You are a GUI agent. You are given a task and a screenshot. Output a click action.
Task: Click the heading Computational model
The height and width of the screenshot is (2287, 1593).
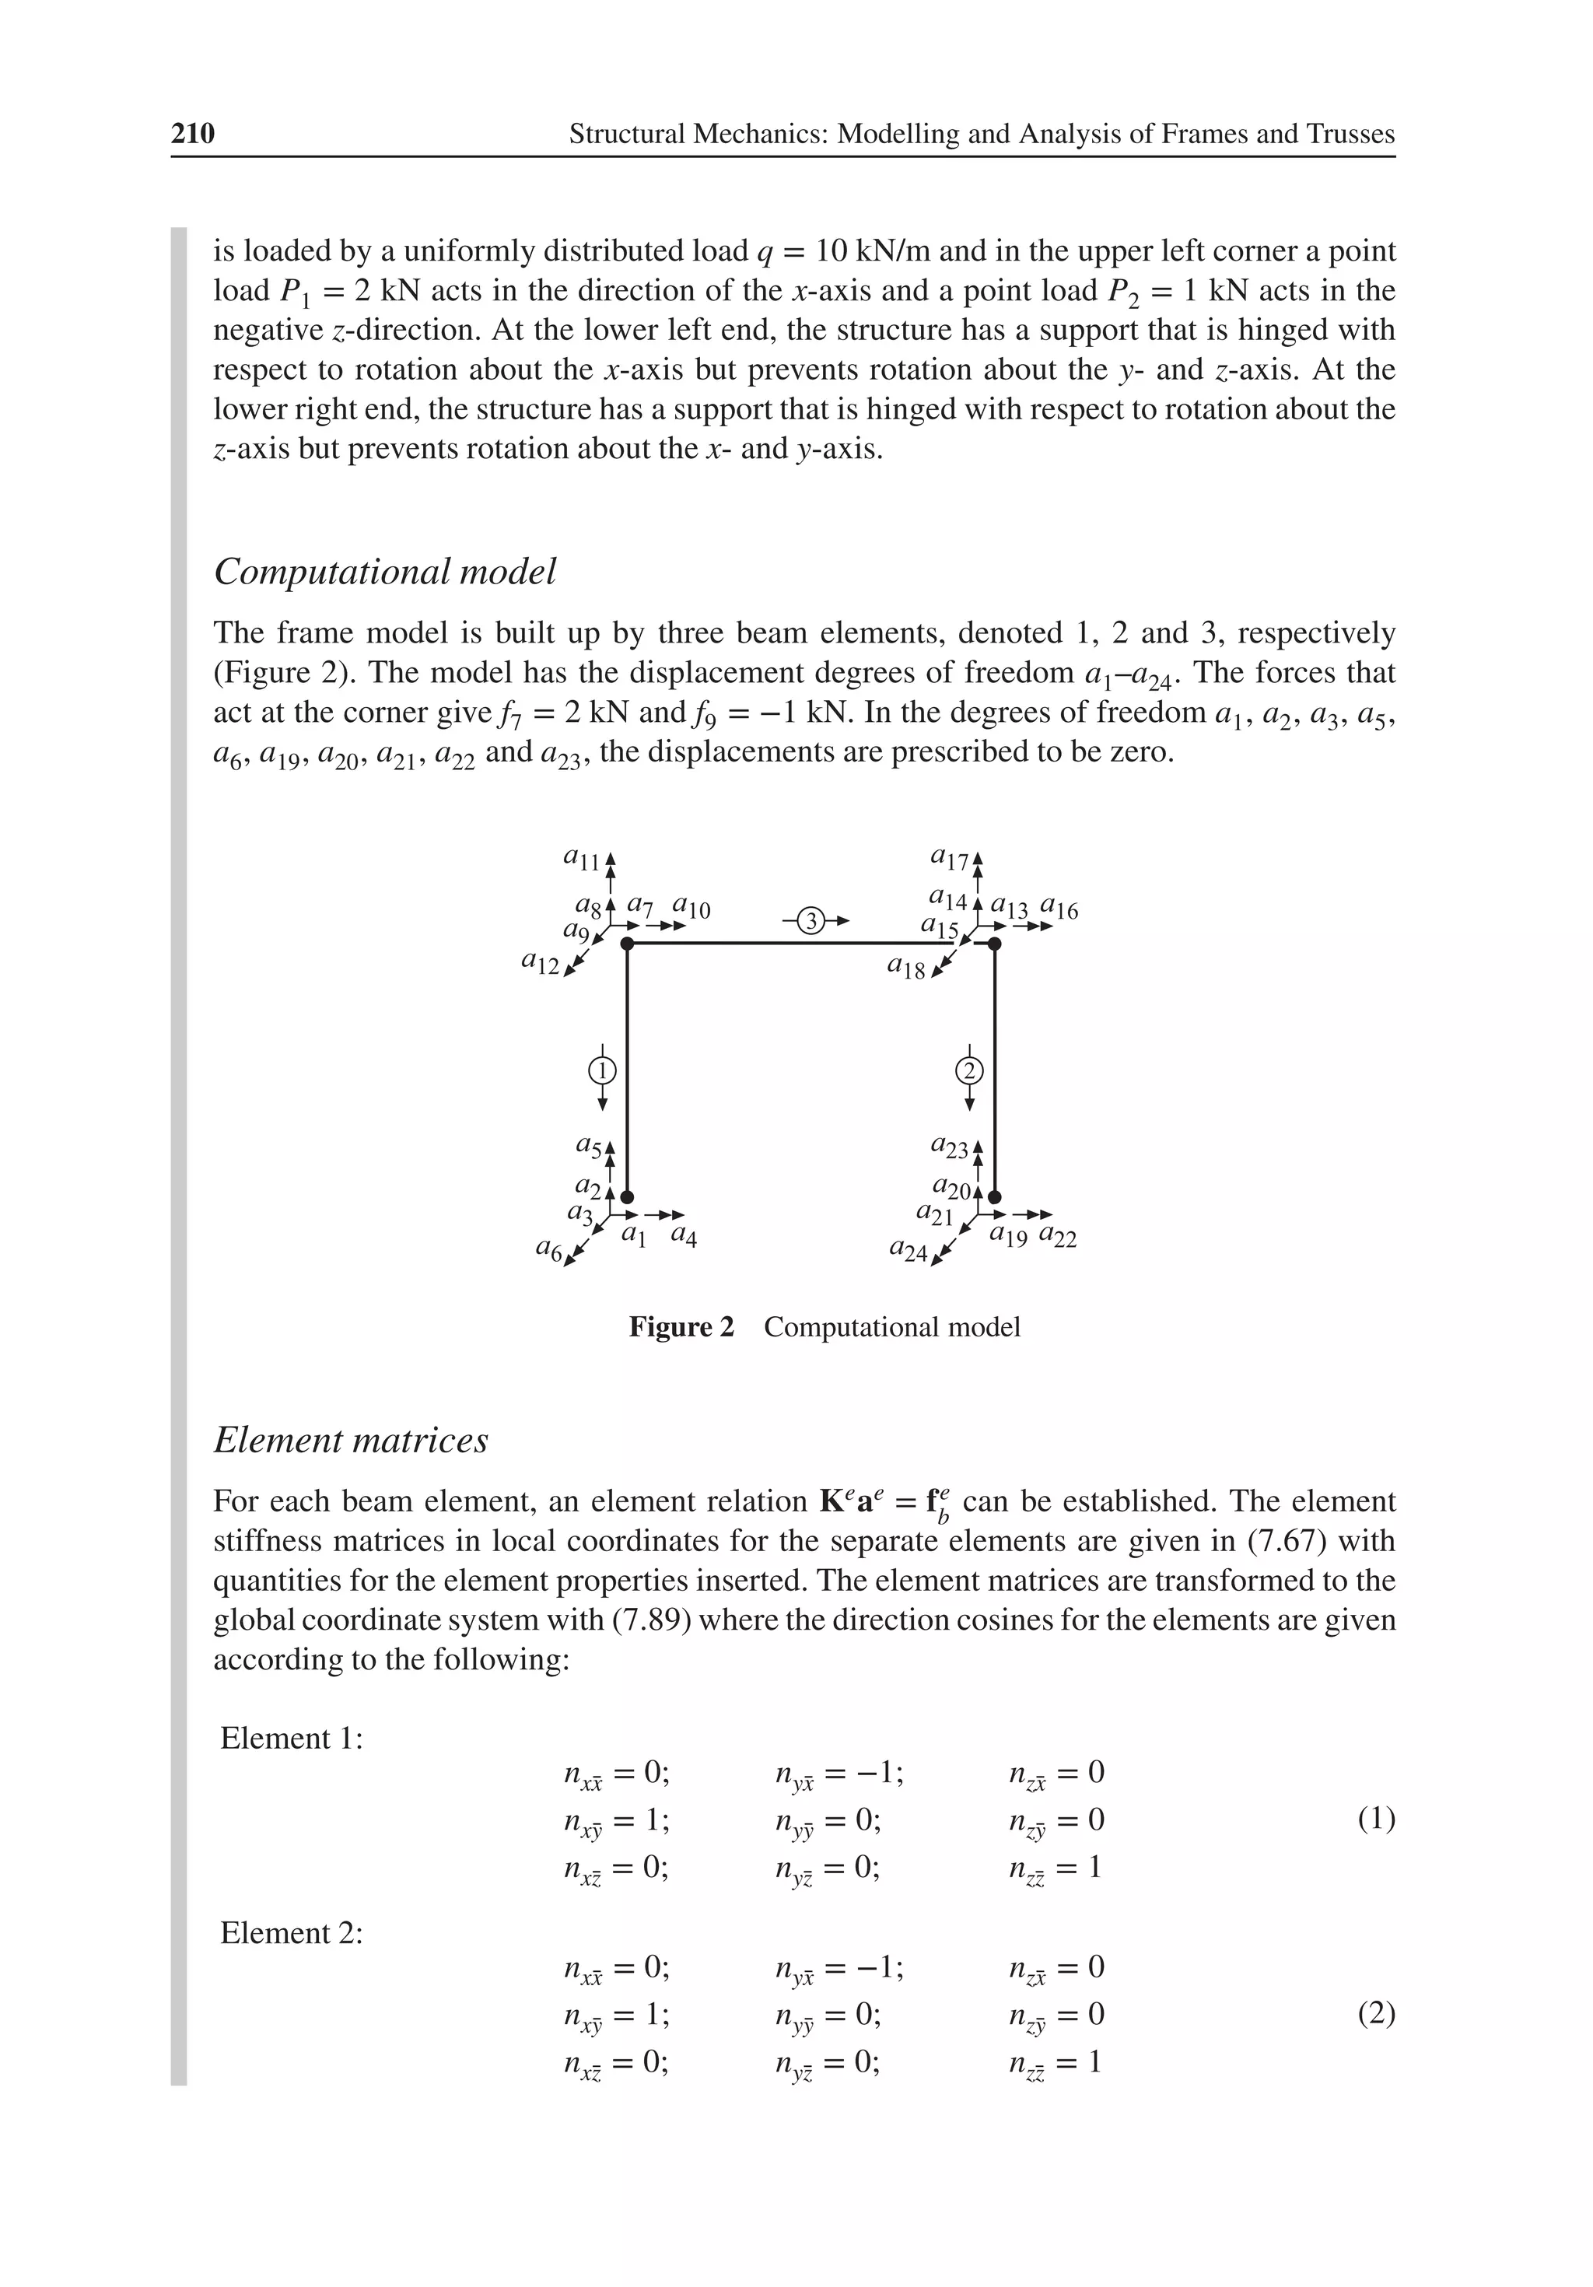(x=384, y=572)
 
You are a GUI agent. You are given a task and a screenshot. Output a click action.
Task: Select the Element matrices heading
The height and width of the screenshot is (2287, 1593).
(x=351, y=1441)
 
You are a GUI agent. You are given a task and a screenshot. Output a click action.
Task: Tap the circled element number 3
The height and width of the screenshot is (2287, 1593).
(x=812, y=920)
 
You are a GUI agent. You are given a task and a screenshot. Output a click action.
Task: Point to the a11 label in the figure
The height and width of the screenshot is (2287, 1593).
(x=582, y=857)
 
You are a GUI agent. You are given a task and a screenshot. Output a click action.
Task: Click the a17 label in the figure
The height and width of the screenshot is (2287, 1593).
(x=948, y=857)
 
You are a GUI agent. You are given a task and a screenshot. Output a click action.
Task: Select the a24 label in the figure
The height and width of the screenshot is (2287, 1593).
(x=908, y=1249)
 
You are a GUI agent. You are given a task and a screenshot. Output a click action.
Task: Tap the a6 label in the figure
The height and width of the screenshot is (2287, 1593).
(x=549, y=1249)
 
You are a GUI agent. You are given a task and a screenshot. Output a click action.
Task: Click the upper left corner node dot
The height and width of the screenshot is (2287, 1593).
(x=627, y=944)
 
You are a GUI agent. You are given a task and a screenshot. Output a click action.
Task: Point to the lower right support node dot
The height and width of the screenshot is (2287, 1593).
(x=994, y=1197)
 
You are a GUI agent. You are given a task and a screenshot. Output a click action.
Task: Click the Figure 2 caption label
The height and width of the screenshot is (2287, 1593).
(x=681, y=1327)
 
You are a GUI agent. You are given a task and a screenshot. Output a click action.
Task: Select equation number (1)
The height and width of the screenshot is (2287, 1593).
(x=1376, y=1819)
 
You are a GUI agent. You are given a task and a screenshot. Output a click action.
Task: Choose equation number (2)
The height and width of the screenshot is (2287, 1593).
(x=1376, y=2014)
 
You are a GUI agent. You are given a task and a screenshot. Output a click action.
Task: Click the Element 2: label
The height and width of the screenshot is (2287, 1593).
(x=291, y=1933)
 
